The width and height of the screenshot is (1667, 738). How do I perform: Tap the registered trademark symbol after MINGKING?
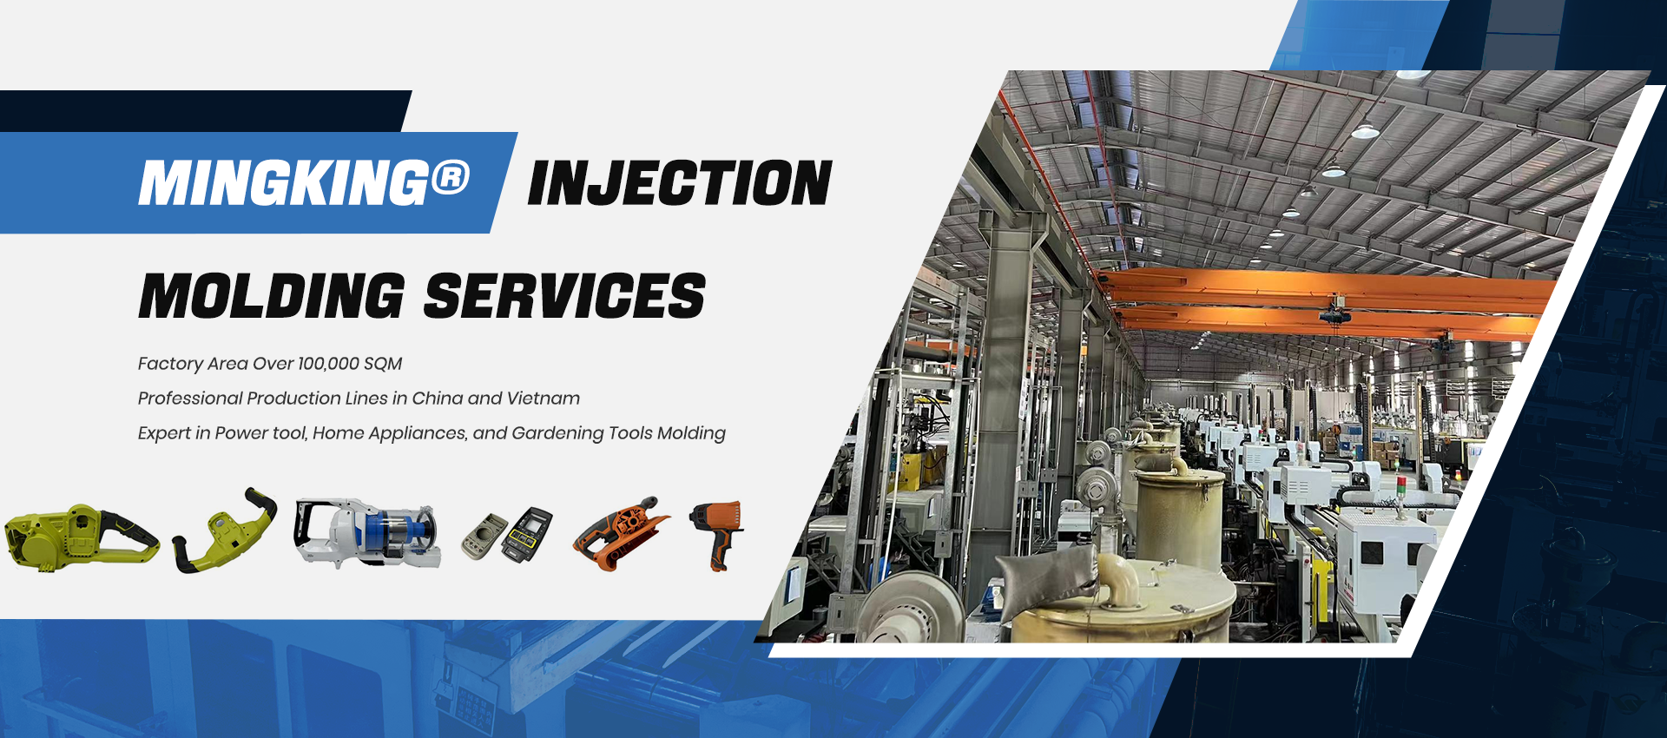pyautogui.click(x=450, y=177)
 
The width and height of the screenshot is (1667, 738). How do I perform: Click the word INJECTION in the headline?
pyautogui.click(x=680, y=183)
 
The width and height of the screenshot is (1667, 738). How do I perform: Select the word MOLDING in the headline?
pyautogui.click(x=272, y=296)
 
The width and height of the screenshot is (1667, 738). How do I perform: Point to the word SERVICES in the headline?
pyautogui.click(x=564, y=296)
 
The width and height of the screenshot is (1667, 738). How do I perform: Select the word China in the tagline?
pyautogui.click(x=438, y=399)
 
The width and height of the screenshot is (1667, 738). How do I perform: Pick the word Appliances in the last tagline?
pyautogui.click(x=417, y=433)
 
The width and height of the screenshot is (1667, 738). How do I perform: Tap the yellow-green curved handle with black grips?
pyautogui.click(x=225, y=530)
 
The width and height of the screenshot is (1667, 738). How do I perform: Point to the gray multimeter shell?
pyautogui.click(x=484, y=537)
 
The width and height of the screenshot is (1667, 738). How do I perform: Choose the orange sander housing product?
pyautogui.click(x=619, y=533)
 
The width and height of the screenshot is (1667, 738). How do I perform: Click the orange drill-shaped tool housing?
pyautogui.click(x=719, y=531)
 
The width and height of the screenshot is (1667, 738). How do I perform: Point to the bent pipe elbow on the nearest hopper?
pyautogui.click(x=1119, y=576)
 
